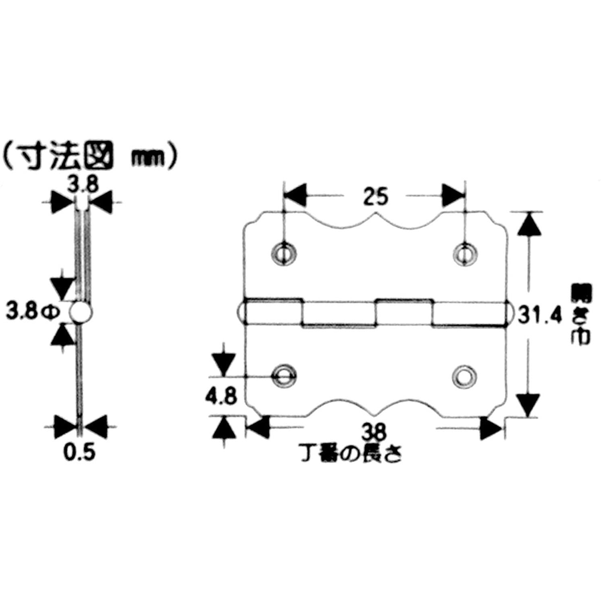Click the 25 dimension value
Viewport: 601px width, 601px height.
[x=375, y=197]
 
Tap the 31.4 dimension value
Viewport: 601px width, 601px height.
[x=540, y=316]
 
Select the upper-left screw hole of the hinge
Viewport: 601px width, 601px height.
[x=285, y=254]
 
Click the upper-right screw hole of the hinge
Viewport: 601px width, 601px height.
[x=466, y=254]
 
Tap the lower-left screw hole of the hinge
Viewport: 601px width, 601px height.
[x=285, y=376]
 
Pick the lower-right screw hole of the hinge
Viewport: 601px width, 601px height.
[x=464, y=376]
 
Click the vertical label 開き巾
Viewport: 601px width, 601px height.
[x=581, y=315]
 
